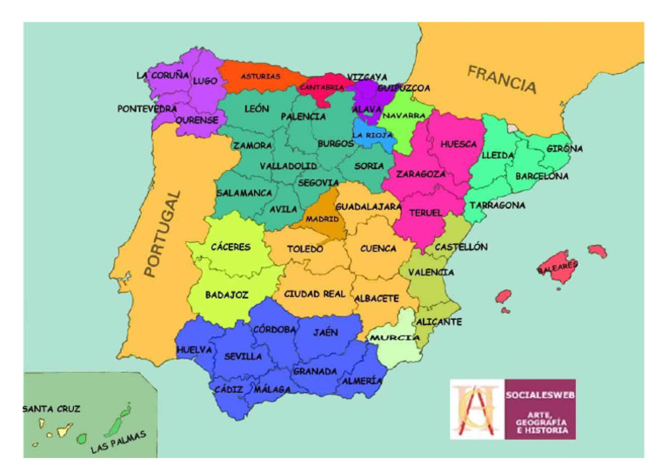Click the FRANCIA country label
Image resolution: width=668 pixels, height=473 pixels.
(x=502, y=79)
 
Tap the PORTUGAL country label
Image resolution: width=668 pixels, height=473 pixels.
(x=163, y=234)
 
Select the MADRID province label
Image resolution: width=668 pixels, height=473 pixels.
(x=322, y=219)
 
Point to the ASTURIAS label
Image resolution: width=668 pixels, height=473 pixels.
(x=260, y=76)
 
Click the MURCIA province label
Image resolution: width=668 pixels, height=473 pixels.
(x=395, y=337)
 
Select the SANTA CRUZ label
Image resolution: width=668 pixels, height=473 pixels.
(x=51, y=408)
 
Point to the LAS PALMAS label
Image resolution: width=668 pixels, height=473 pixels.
(x=119, y=443)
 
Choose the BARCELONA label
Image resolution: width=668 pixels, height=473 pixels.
(x=542, y=176)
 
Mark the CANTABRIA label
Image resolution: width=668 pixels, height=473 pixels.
(x=322, y=87)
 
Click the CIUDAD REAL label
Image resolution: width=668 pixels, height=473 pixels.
(x=315, y=294)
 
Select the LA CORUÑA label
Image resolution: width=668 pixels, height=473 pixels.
(x=163, y=76)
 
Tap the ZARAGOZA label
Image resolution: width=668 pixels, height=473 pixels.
(x=421, y=174)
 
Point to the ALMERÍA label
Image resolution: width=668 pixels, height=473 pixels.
(x=362, y=381)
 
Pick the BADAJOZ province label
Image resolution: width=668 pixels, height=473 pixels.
(x=227, y=295)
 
